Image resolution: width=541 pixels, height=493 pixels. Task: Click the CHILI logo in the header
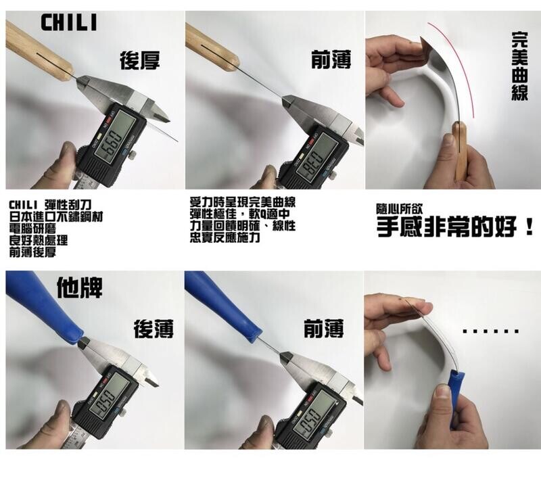point(69,23)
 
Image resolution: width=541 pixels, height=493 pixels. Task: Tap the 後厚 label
point(140,60)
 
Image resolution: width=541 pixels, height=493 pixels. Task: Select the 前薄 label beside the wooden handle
point(331,60)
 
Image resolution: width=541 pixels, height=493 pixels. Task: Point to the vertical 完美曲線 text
point(519,66)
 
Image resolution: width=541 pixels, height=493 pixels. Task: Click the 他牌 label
point(79,287)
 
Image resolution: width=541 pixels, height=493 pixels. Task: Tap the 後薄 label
point(154,329)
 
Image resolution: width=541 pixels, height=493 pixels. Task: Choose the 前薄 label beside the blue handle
point(323,329)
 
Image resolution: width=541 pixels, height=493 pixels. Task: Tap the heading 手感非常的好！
point(455,227)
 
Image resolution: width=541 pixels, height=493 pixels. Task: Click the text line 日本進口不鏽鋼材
point(56,216)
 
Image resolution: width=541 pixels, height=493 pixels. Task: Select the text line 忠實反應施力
point(225,237)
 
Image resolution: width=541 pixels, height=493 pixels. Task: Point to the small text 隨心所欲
point(399,209)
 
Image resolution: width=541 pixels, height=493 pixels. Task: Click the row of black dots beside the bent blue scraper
point(491,331)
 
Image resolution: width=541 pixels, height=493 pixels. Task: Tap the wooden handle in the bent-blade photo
point(460,151)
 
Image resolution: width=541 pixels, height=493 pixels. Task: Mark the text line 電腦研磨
point(32,229)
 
